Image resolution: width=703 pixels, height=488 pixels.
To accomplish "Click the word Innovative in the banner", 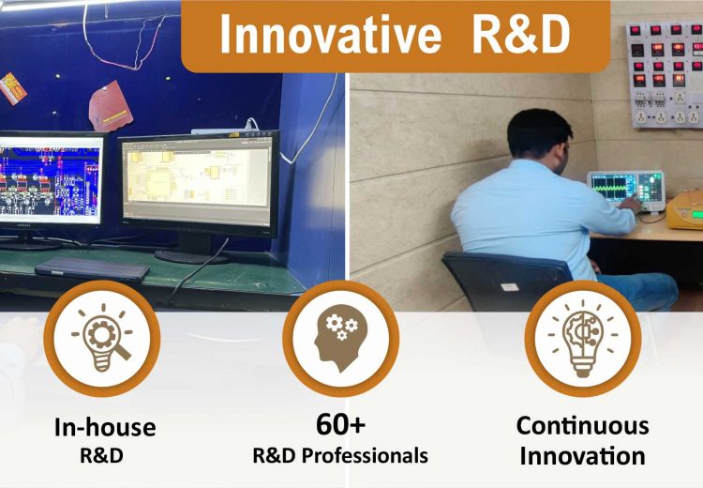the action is coord(330,35).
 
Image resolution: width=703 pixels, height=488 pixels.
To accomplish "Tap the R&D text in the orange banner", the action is coord(520,35).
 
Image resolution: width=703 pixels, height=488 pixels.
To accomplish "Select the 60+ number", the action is coord(341,424).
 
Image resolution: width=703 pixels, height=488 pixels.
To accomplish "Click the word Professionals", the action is coord(365,456).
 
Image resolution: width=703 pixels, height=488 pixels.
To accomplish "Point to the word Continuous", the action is coord(582,425).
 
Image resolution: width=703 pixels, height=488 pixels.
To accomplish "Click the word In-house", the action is coord(105,426).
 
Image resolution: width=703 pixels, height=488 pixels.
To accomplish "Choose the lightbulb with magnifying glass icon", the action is coord(102,338).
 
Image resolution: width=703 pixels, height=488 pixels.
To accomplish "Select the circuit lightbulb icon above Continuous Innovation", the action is coord(583,338).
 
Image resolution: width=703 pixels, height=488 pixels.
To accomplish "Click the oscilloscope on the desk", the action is coord(627,191).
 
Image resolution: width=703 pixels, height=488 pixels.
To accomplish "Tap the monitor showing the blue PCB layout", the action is coord(51,178).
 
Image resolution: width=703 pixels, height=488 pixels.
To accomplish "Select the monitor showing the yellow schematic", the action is coord(199,182).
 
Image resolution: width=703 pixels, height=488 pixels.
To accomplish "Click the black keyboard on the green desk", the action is coord(92,269).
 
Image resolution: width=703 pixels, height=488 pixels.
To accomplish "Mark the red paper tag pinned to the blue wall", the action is coord(109,106).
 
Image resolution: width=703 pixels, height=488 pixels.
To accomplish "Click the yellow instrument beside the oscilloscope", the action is coord(684,209).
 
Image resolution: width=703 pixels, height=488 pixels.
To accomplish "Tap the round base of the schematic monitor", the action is coord(191,256).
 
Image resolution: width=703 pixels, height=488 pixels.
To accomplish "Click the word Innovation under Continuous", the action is coord(582,456).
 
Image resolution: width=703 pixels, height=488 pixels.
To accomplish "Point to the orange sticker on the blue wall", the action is coord(12,88).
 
